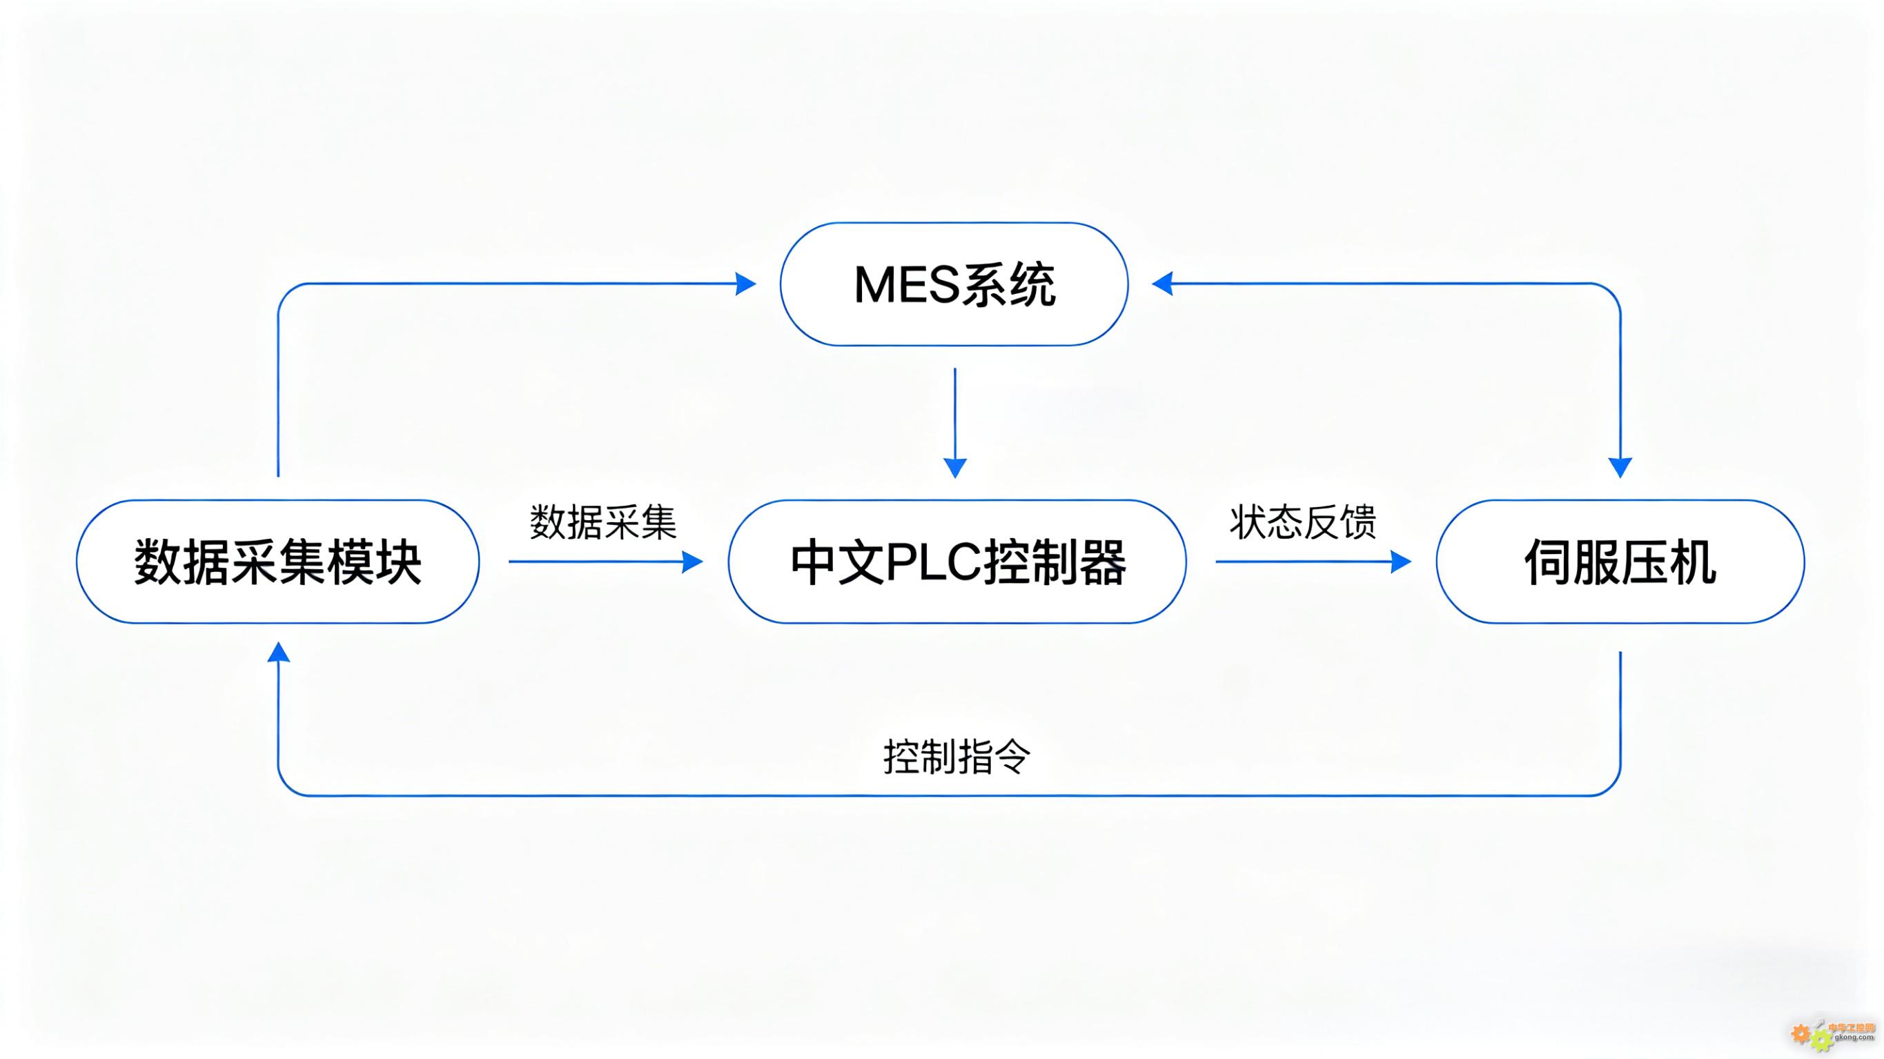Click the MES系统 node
(x=954, y=284)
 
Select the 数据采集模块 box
(x=277, y=562)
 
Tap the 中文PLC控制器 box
(x=956, y=562)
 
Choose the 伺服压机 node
(x=1620, y=562)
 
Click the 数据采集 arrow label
(x=602, y=522)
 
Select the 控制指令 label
(x=956, y=756)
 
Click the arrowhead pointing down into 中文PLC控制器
(x=955, y=466)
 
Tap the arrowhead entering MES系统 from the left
(x=745, y=284)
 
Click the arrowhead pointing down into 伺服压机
(x=1620, y=466)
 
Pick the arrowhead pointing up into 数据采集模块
(x=278, y=653)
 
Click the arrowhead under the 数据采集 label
(x=692, y=562)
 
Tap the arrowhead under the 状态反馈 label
(x=1400, y=562)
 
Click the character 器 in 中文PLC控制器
(x=1101, y=562)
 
